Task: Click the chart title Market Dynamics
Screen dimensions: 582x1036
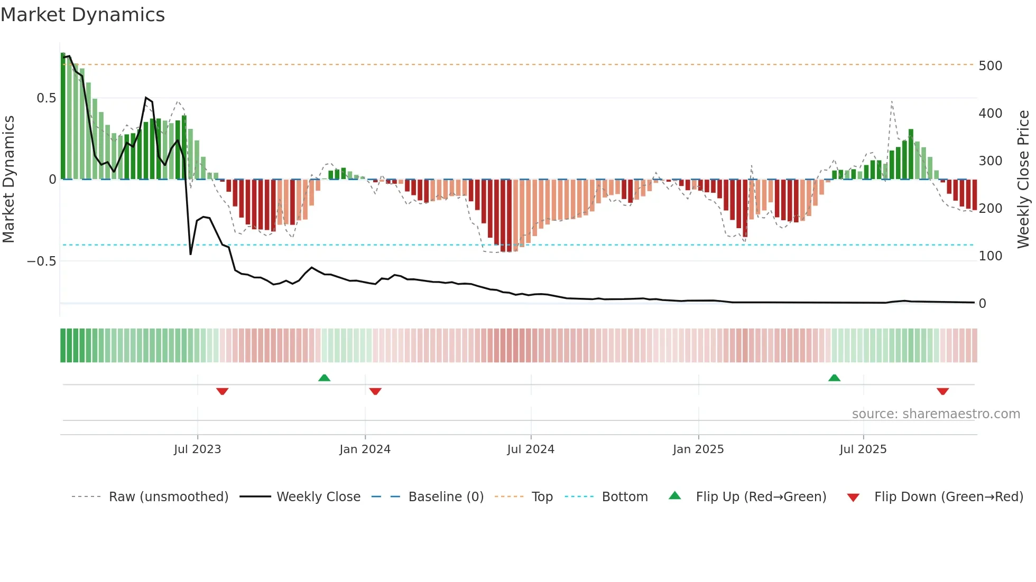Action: click(x=82, y=15)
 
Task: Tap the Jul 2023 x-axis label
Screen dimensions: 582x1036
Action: click(x=197, y=449)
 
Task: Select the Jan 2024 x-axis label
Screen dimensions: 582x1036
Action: click(x=365, y=449)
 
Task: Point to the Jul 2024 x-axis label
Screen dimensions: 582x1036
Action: click(x=531, y=449)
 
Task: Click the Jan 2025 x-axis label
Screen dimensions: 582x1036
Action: click(x=698, y=449)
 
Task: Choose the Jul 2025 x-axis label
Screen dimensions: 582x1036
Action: click(x=863, y=449)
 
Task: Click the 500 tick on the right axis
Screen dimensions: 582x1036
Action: click(x=990, y=66)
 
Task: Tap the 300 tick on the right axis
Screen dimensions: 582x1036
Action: click(x=990, y=161)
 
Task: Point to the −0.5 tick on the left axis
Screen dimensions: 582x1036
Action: click(x=41, y=261)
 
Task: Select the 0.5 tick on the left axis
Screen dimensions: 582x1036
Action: click(x=46, y=98)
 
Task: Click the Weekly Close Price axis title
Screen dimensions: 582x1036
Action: click(x=1023, y=180)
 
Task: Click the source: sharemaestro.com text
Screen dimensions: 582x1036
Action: click(x=936, y=414)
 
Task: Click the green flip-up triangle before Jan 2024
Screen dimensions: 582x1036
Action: click(x=325, y=378)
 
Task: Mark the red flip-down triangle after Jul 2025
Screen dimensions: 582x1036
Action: click(x=942, y=391)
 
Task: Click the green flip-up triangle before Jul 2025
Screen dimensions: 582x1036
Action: click(x=834, y=378)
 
